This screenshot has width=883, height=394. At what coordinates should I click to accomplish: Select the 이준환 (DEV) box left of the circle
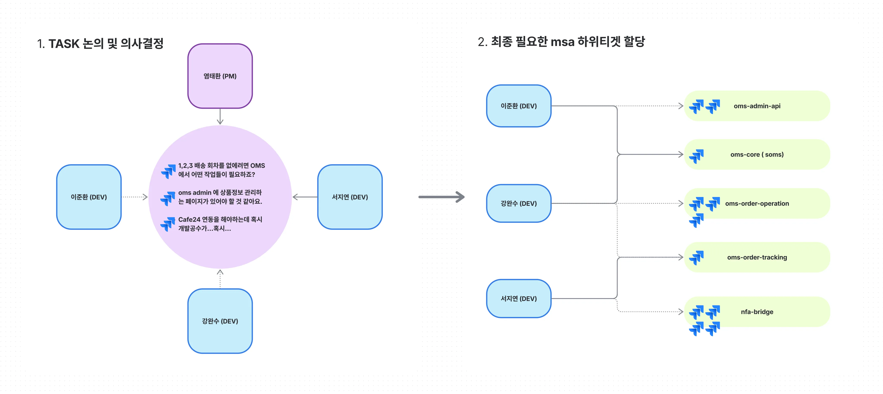[x=89, y=197]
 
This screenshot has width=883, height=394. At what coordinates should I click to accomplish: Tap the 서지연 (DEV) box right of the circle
[x=350, y=197]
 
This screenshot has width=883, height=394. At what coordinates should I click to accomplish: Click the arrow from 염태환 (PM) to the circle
[x=220, y=116]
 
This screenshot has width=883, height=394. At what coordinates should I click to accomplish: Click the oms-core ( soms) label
[x=757, y=155]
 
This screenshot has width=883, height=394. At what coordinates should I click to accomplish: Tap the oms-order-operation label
[x=757, y=203]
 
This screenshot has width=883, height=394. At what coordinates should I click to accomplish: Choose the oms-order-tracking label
[x=757, y=257]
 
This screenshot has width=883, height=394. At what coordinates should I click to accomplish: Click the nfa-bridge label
[x=757, y=312]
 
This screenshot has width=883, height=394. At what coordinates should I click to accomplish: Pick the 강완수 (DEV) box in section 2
[x=519, y=203]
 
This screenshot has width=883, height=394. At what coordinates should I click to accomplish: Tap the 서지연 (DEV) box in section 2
[x=519, y=299]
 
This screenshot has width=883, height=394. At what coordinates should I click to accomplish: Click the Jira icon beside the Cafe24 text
[x=168, y=224]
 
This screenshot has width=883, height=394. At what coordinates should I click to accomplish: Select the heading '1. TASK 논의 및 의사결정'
[x=100, y=44]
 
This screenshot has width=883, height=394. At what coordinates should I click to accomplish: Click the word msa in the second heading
[x=562, y=42]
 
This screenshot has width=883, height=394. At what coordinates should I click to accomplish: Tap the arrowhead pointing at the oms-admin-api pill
[x=681, y=106]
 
